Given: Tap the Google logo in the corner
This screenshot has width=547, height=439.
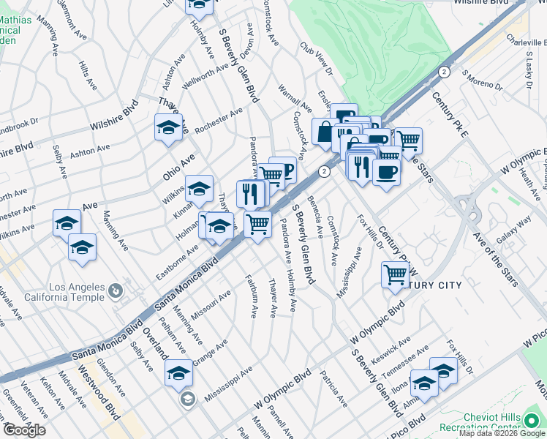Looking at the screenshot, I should pyautogui.click(x=23, y=430).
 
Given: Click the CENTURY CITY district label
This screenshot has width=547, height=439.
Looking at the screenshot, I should pyautogui.click(x=436, y=285).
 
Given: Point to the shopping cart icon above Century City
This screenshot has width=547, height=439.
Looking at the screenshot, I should pyautogui.click(x=395, y=274).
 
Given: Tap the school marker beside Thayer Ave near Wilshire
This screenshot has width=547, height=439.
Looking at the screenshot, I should pyautogui.click(x=168, y=127).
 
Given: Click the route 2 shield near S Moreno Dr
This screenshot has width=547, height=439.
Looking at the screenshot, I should pyautogui.click(x=444, y=71).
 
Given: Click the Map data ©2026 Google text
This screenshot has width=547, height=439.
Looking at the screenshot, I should pyautogui.click(x=502, y=433).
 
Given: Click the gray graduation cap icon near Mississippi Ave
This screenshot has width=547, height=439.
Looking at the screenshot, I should pyautogui.click(x=187, y=399).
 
